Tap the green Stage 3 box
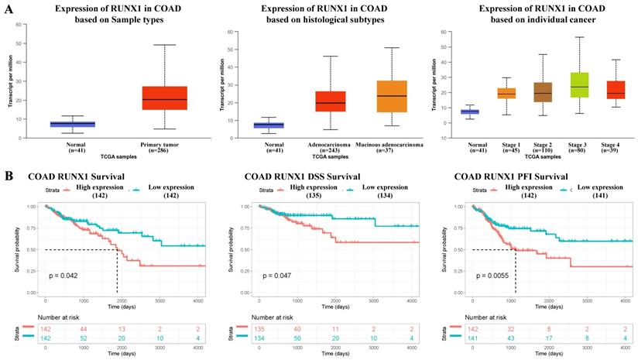[578, 84]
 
